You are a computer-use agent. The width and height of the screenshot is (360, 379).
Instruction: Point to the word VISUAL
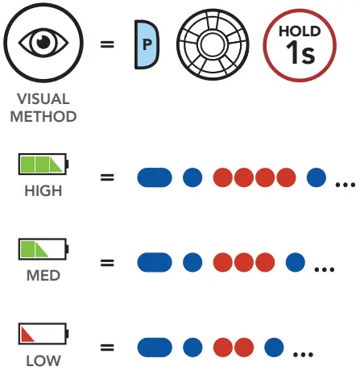point(43,99)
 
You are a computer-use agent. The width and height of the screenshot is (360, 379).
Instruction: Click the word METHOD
point(43,116)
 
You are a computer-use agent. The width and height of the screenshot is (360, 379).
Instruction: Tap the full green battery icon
point(43,165)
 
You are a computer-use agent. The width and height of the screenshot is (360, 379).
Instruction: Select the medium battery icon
point(43,250)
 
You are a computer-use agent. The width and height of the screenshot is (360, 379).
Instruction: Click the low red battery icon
point(43,335)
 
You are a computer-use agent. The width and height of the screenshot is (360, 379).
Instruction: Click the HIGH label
point(43,192)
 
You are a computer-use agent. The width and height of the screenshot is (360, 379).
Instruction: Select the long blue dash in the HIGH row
point(155,177)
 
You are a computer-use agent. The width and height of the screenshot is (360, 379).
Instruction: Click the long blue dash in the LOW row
point(155,348)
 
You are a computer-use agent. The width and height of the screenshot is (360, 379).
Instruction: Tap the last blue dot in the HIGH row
point(317,177)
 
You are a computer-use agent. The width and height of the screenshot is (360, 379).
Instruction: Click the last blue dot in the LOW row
point(275,348)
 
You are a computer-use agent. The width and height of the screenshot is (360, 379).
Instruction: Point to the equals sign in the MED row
point(106,263)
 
